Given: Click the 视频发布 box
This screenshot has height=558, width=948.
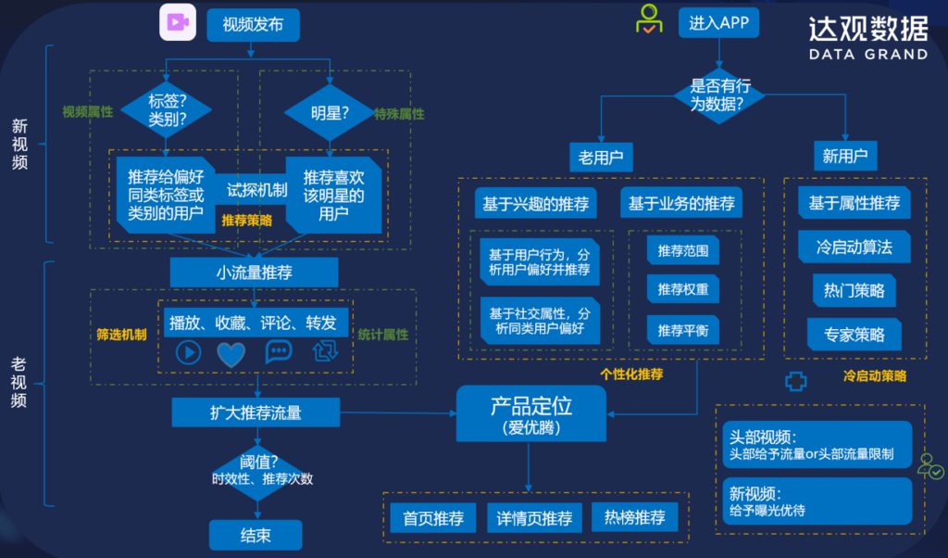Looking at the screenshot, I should (x=253, y=25).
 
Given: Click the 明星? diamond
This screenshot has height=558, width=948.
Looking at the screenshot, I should (x=330, y=113).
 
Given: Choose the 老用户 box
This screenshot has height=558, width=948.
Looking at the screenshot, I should (x=600, y=158).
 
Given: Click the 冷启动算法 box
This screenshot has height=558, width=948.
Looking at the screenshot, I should (x=854, y=247).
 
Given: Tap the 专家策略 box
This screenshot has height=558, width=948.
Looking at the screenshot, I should (x=854, y=335).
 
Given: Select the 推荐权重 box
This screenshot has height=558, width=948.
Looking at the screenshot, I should (x=683, y=289).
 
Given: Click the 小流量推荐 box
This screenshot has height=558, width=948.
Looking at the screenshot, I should (x=254, y=273).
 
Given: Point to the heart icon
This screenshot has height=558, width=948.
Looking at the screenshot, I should (x=231, y=352).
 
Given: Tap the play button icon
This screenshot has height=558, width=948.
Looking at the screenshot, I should (x=188, y=352).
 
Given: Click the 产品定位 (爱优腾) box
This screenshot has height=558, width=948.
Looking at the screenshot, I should (x=530, y=414).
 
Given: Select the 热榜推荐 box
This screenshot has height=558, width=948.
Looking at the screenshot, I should (x=634, y=518).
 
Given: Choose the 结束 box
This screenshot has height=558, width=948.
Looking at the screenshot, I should (x=255, y=535).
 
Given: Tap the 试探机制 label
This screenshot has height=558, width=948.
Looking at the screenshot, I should (x=257, y=190).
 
